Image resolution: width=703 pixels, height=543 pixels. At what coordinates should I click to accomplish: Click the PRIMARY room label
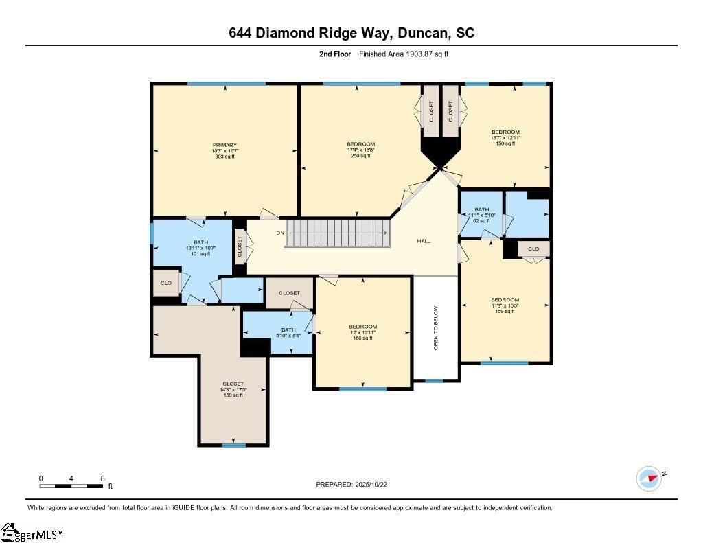224,150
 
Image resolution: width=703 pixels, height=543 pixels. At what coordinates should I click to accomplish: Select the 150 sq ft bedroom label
505,137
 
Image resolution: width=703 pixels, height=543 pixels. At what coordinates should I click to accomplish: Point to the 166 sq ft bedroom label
362,332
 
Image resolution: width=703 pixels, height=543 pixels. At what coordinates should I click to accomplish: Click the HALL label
424,241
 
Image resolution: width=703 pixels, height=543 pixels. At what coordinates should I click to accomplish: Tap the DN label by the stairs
280,233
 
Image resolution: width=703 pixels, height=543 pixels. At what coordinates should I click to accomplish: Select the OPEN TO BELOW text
435,328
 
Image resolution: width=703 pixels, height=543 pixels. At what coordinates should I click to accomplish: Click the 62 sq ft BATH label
481,215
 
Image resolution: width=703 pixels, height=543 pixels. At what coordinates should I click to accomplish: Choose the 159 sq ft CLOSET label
233,389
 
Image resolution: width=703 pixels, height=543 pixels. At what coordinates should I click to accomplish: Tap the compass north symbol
649,478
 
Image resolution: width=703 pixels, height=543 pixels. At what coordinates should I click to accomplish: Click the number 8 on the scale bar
102,478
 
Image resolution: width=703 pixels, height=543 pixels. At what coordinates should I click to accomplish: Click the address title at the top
351,33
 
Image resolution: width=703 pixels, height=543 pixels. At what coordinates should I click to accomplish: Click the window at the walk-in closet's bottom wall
233,445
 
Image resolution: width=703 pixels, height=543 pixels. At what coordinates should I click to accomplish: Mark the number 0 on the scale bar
41,478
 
